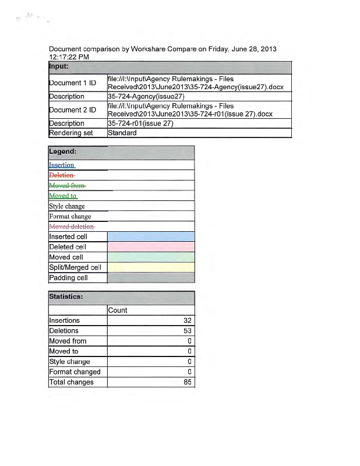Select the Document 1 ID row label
72,83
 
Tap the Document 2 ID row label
72,110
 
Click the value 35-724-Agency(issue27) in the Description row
146,96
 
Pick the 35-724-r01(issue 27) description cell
140,123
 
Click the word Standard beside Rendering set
122,133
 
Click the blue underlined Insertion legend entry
62,165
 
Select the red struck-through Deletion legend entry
62,175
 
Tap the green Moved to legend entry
63,196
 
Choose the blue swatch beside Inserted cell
151,236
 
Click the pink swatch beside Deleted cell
151,247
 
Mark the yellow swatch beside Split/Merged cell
151,267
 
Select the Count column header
118,310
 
